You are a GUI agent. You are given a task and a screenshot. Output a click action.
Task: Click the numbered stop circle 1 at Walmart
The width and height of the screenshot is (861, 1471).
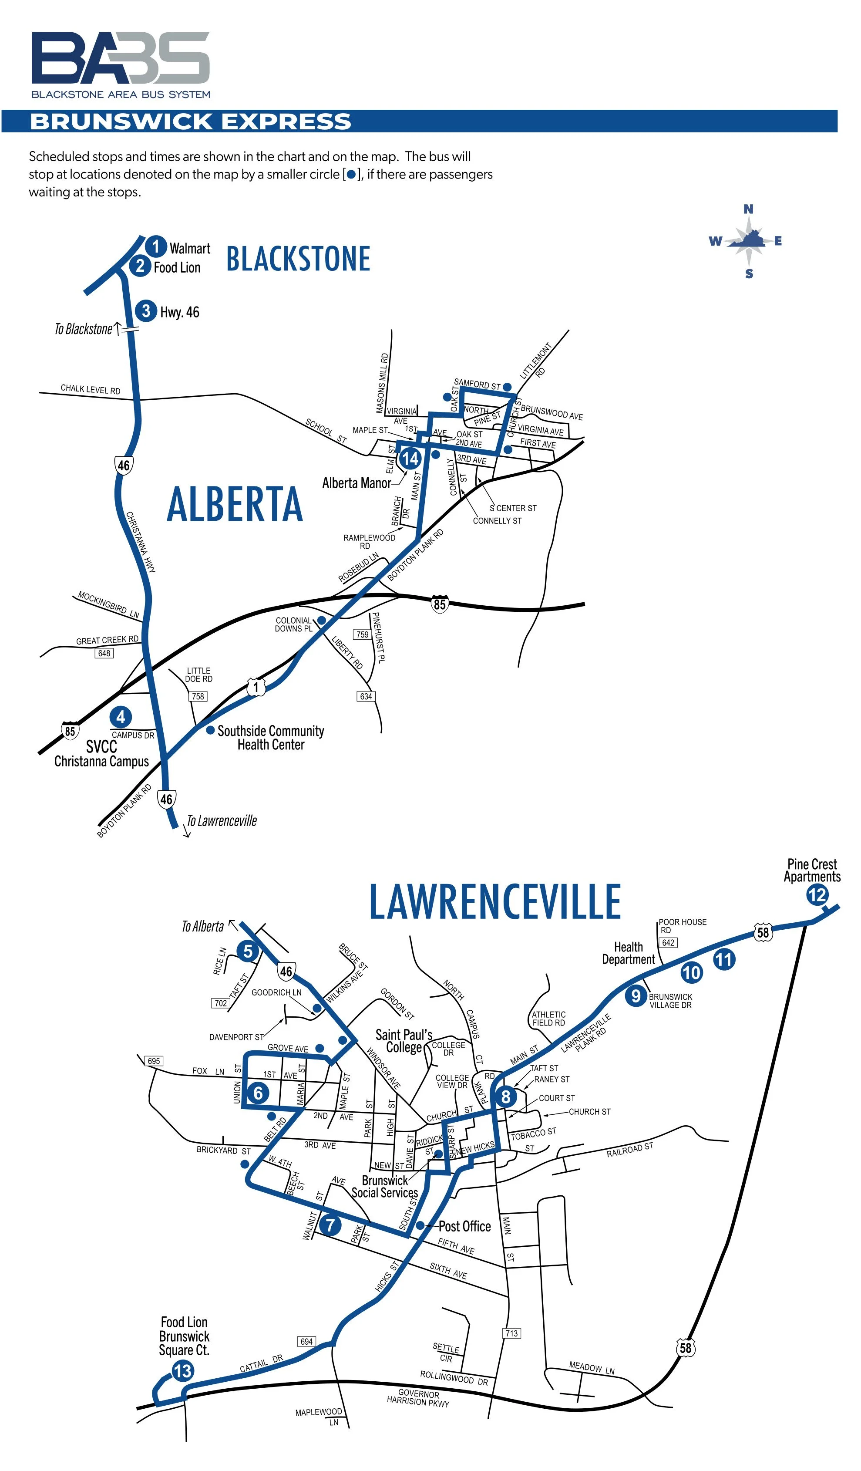coord(156,246)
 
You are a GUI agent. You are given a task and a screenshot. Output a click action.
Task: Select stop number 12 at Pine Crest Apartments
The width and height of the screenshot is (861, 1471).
coord(817,895)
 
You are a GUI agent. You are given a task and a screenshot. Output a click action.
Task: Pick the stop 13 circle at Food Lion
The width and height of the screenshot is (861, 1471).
coord(182,1370)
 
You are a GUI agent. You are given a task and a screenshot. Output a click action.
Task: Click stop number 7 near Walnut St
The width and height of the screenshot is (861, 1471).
coord(330,1224)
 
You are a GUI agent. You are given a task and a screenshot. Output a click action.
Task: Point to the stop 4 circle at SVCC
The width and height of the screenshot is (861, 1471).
coord(121,717)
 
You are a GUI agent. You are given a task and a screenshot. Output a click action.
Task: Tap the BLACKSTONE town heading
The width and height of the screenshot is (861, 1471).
coord(298,259)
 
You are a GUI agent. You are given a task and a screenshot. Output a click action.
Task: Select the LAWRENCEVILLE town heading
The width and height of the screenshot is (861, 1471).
coord(494,901)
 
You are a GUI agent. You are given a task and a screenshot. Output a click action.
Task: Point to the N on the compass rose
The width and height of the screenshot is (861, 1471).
coord(748,209)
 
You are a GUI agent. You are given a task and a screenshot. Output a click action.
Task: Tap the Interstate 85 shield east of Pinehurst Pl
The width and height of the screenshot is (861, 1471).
coord(439,604)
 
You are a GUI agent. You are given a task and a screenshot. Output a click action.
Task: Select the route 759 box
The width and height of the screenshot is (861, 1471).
coord(362,634)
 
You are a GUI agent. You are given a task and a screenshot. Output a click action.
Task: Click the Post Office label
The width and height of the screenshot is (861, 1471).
coord(464,1226)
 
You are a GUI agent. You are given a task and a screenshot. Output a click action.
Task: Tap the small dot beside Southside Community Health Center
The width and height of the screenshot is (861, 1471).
coord(210,730)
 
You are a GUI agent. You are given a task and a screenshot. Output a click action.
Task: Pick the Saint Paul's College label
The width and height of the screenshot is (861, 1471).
coord(404,1041)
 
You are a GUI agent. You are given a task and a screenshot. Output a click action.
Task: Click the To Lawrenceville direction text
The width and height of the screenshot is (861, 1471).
coord(221,821)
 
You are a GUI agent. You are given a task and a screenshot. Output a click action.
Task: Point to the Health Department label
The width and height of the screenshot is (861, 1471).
coord(628,953)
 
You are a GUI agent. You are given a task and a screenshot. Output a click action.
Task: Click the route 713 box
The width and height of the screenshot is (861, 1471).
coord(511,1333)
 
